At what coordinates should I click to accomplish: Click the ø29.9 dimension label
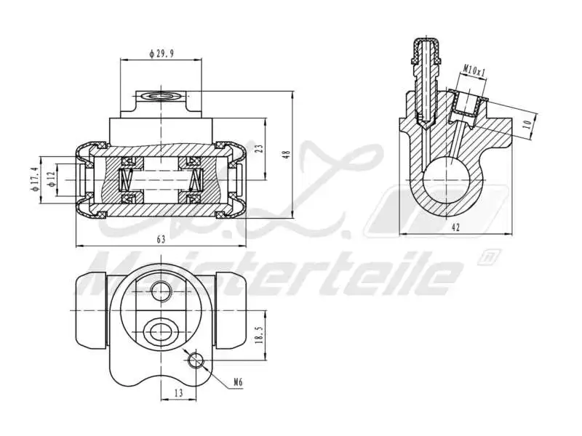point(161,53)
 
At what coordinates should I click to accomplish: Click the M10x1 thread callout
point(474,70)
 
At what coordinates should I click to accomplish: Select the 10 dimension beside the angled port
point(527,124)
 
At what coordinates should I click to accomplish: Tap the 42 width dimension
point(455,227)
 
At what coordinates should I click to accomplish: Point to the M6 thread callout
point(238,381)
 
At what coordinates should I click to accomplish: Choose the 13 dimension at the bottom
point(178,392)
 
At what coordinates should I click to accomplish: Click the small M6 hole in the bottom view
point(195,360)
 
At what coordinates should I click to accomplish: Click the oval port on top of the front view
point(161,96)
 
